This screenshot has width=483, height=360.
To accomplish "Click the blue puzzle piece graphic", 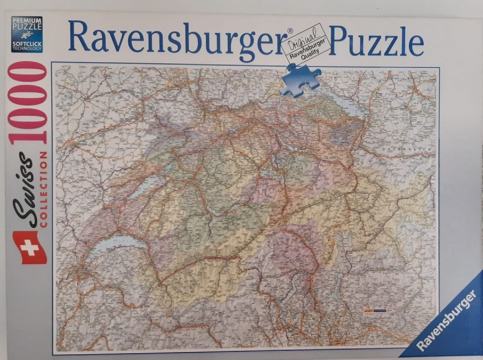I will (301, 79).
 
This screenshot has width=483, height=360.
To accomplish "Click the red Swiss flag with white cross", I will (29, 247).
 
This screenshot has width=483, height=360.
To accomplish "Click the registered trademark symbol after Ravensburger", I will (290, 31).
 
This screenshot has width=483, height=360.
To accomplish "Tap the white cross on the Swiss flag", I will (29, 247).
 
